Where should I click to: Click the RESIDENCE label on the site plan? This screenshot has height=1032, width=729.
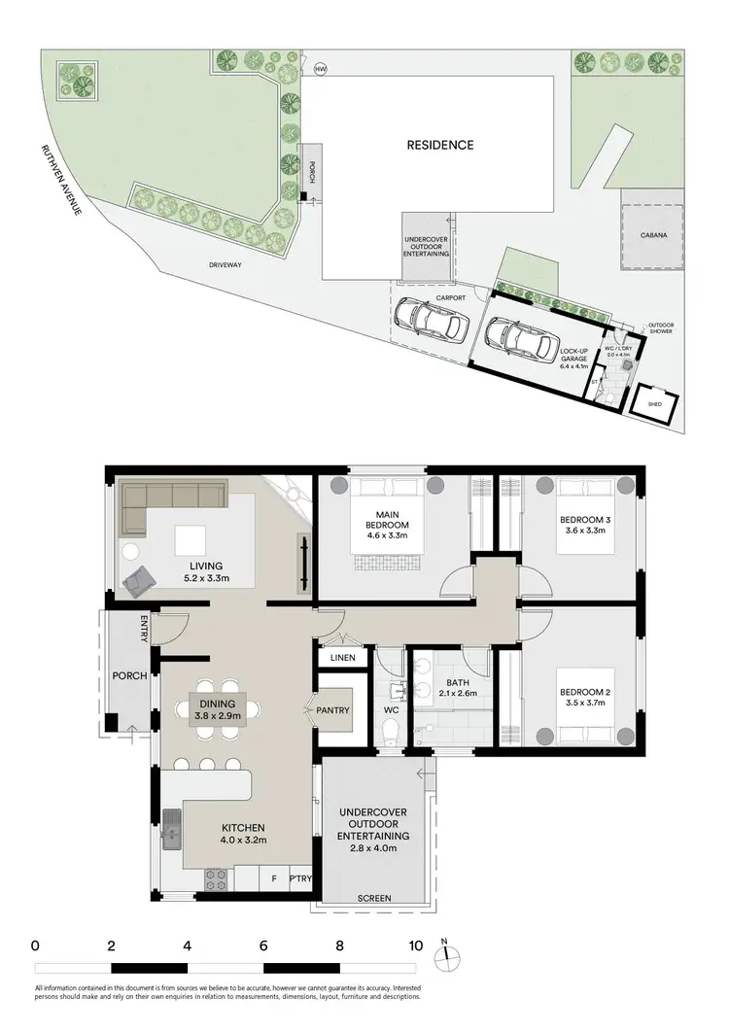click(440, 145)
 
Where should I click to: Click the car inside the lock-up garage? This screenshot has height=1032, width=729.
click(514, 339)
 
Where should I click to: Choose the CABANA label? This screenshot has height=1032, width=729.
click(653, 234)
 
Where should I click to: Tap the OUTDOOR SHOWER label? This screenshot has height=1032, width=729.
click(661, 328)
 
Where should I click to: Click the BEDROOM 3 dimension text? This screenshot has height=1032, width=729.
click(583, 532)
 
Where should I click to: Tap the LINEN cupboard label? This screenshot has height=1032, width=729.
click(342, 658)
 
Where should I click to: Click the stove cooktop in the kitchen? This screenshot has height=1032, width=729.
click(216, 879)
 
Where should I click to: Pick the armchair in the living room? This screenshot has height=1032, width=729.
click(137, 579)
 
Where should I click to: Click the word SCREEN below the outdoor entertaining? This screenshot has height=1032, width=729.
click(374, 899)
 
